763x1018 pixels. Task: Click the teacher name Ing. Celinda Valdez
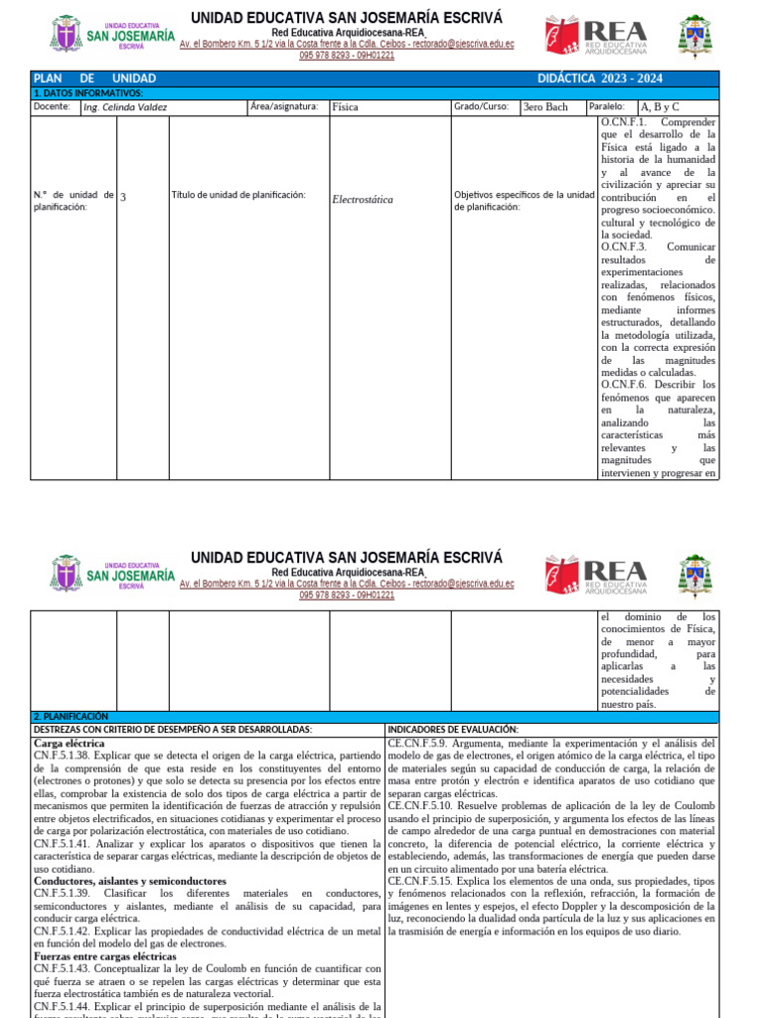pos(125,107)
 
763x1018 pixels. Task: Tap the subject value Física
pos(346,106)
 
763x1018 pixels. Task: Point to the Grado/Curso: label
pos(482,106)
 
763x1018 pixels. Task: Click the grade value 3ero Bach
pos(545,106)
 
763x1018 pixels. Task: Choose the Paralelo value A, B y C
pos(660,106)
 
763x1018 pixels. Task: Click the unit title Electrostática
pos(363,199)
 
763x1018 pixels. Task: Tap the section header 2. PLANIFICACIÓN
pos(71,716)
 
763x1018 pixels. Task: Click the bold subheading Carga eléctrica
pos(70,743)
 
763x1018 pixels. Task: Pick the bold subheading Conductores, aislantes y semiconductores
pos(130,881)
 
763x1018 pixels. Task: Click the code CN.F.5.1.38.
pos(62,757)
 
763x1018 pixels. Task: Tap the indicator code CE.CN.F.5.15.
pos(420,881)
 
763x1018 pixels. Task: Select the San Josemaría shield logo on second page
pos(67,574)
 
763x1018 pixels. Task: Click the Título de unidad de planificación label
pos(238,196)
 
